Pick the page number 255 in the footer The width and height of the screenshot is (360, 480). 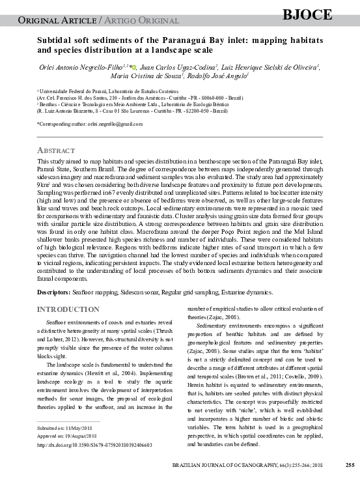(350, 465)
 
